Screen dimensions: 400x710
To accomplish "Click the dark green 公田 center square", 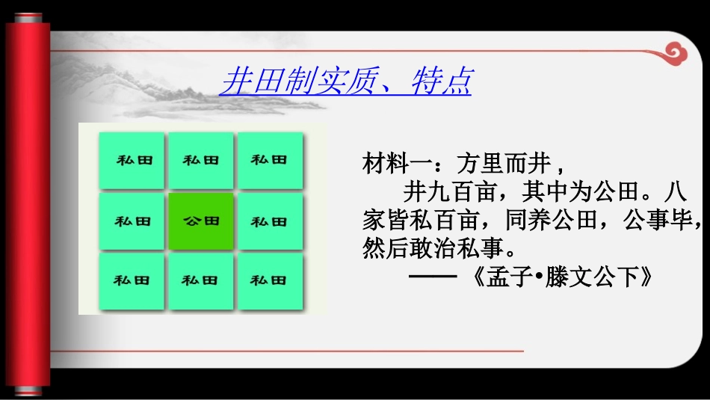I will click(201, 221).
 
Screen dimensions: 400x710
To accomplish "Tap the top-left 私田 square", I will click(132, 161).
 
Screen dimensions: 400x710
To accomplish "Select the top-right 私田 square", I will click(269, 161).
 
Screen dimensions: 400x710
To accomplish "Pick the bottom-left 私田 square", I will click(132, 281).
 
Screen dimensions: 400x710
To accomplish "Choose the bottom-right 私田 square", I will click(269, 281).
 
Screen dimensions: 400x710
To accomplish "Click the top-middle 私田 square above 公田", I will click(201, 161).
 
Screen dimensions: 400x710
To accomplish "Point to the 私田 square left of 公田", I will click(132, 221).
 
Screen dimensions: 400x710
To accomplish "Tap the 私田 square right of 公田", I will click(269, 221).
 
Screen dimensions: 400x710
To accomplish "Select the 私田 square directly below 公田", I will click(201, 281).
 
